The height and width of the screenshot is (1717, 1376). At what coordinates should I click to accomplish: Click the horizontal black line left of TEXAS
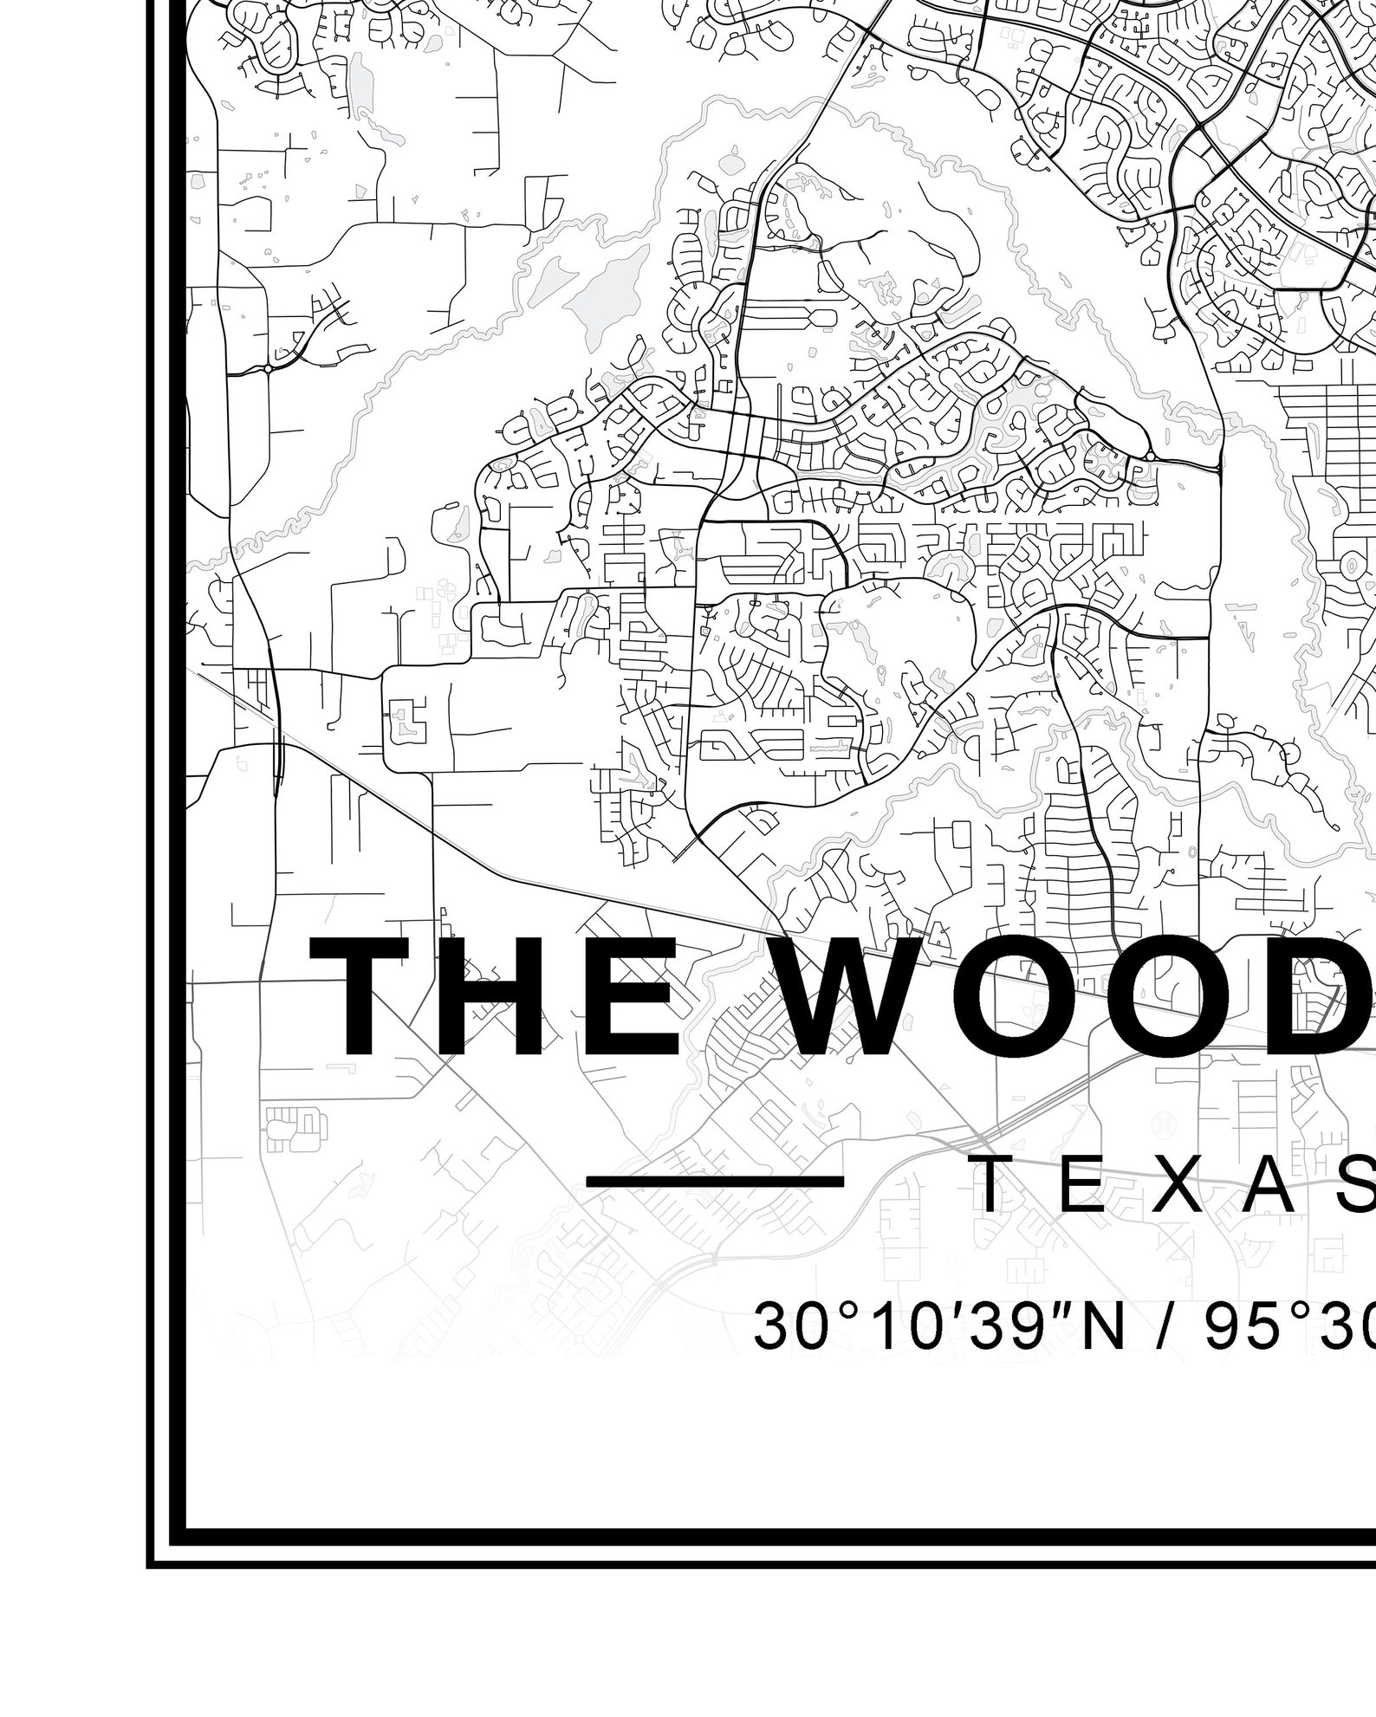click(x=715, y=1181)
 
